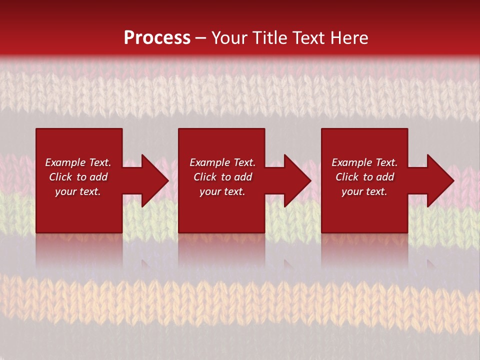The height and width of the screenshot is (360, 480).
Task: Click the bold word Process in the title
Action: coord(157,38)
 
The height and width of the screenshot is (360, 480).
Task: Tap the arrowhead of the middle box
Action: coord(297,180)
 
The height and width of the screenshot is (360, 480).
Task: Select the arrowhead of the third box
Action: coord(440,180)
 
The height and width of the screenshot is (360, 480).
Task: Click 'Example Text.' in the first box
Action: coord(78,162)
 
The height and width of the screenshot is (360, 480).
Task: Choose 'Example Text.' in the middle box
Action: coord(222,162)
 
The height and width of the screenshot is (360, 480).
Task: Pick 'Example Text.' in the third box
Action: coord(364,162)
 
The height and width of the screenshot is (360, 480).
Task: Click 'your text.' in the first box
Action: coord(78,191)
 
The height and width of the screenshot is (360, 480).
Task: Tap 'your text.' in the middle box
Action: coord(222,191)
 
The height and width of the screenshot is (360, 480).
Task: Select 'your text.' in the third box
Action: coord(364,191)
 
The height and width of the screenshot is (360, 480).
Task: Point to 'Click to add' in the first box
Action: coord(78,177)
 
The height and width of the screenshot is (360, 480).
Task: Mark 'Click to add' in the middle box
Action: coord(222,177)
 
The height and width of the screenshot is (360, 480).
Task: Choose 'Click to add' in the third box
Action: coord(364,177)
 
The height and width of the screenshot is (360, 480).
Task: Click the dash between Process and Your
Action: coord(200,38)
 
